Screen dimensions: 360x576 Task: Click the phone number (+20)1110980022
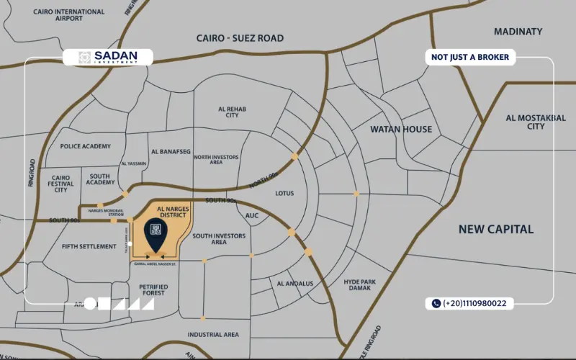(469, 304)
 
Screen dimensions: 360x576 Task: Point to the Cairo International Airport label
(68, 15)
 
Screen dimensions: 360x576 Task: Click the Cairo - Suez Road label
(240, 38)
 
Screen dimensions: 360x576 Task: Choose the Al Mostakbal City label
(536, 122)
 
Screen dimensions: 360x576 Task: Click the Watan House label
(401, 130)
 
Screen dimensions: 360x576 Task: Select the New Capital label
(497, 229)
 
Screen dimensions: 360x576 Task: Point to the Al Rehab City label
(232, 112)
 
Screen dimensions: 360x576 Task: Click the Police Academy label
(85, 146)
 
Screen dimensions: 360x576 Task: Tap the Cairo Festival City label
(61, 184)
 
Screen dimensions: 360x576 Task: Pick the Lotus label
(285, 193)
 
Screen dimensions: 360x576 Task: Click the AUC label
(252, 215)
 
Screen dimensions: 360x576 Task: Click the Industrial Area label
(213, 335)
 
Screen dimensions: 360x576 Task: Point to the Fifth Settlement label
(89, 246)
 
